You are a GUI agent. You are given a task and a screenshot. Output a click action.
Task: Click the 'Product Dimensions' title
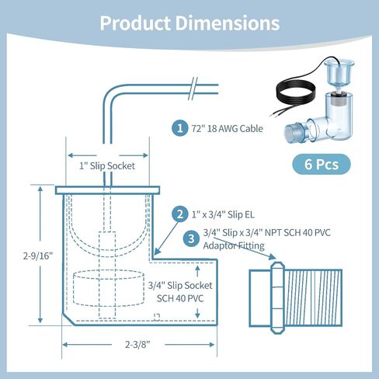point(189,23)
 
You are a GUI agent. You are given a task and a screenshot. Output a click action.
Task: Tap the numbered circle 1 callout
point(179,129)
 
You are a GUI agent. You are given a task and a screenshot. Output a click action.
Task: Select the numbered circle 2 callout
point(179,214)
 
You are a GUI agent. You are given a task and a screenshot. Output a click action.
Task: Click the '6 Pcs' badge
point(321,164)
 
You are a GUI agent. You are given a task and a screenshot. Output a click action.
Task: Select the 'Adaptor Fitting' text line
point(234,245)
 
